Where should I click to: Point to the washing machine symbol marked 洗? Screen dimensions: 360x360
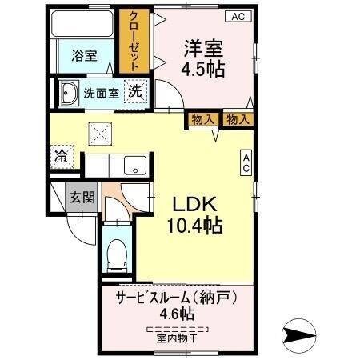[x=136, y=91]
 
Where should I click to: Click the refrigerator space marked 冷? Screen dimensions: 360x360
[x=62, y=155]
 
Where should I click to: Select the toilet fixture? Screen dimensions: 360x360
[x=116, y=254]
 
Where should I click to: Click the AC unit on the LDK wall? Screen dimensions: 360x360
[x=246, y=163]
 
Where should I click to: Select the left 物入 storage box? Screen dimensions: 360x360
[x=203, y=120]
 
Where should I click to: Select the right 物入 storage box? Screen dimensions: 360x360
[x=237, y=120]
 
